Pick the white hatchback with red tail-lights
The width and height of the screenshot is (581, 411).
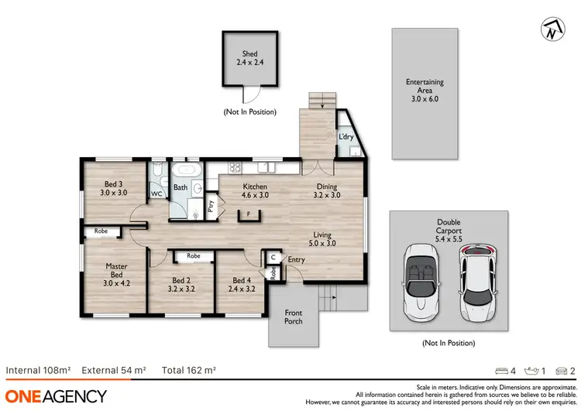(x=477, y=285)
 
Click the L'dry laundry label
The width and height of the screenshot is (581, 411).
(x=346, y=137)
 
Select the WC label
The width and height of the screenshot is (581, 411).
(x=156, y=194)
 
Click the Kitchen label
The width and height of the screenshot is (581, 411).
(x=255, y=190)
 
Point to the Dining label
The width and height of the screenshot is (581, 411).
(x=327, y=190)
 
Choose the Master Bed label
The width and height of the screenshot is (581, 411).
(x=116, y=271)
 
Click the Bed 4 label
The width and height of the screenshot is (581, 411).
(x=242, y=284)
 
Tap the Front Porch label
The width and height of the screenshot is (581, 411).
(x=294, y=317)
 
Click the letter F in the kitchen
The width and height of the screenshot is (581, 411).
(x=248, y=213)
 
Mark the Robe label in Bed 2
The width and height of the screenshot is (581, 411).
(x=193, y=255)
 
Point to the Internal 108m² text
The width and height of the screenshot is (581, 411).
(x=38, y=370)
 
